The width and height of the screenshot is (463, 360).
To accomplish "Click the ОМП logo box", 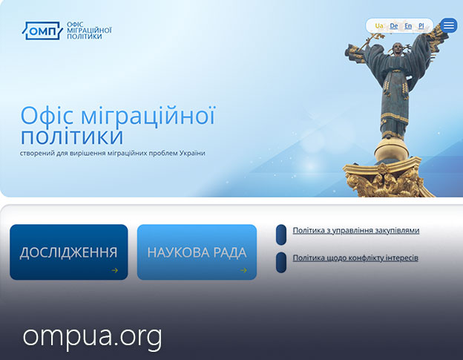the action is click(42, 30).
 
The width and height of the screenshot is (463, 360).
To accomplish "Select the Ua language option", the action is click(379, 26).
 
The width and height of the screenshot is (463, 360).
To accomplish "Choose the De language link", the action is click(393, 26).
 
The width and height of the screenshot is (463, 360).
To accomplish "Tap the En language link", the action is click(408, 26).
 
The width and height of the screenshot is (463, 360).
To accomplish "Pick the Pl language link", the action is click(421, 26).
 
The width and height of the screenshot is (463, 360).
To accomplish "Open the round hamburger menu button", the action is click(448, 25).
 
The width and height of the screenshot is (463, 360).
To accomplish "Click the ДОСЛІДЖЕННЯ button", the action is click(69, 252).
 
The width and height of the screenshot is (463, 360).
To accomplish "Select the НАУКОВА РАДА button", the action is click(197, 252).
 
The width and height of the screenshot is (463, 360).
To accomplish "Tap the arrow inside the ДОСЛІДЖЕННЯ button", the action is click(114, 270).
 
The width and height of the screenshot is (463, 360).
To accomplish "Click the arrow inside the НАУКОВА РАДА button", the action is click(243, 270).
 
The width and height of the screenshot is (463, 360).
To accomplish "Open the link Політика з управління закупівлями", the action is click(356, 230).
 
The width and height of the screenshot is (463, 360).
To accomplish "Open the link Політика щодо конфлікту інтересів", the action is click(355, 258).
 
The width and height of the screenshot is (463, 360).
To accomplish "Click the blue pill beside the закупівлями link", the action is click(281, 235).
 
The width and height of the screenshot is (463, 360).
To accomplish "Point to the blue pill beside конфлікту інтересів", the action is click(281, 262).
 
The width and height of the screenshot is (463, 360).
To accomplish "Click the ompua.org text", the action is click(93, 337).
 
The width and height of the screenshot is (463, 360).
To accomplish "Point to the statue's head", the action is click(398, 49).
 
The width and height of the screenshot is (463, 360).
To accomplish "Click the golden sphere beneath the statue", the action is click(392, 150).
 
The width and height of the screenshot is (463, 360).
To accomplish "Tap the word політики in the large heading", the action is click(72, 136).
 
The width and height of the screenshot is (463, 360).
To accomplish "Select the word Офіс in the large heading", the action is click(47, 115).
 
